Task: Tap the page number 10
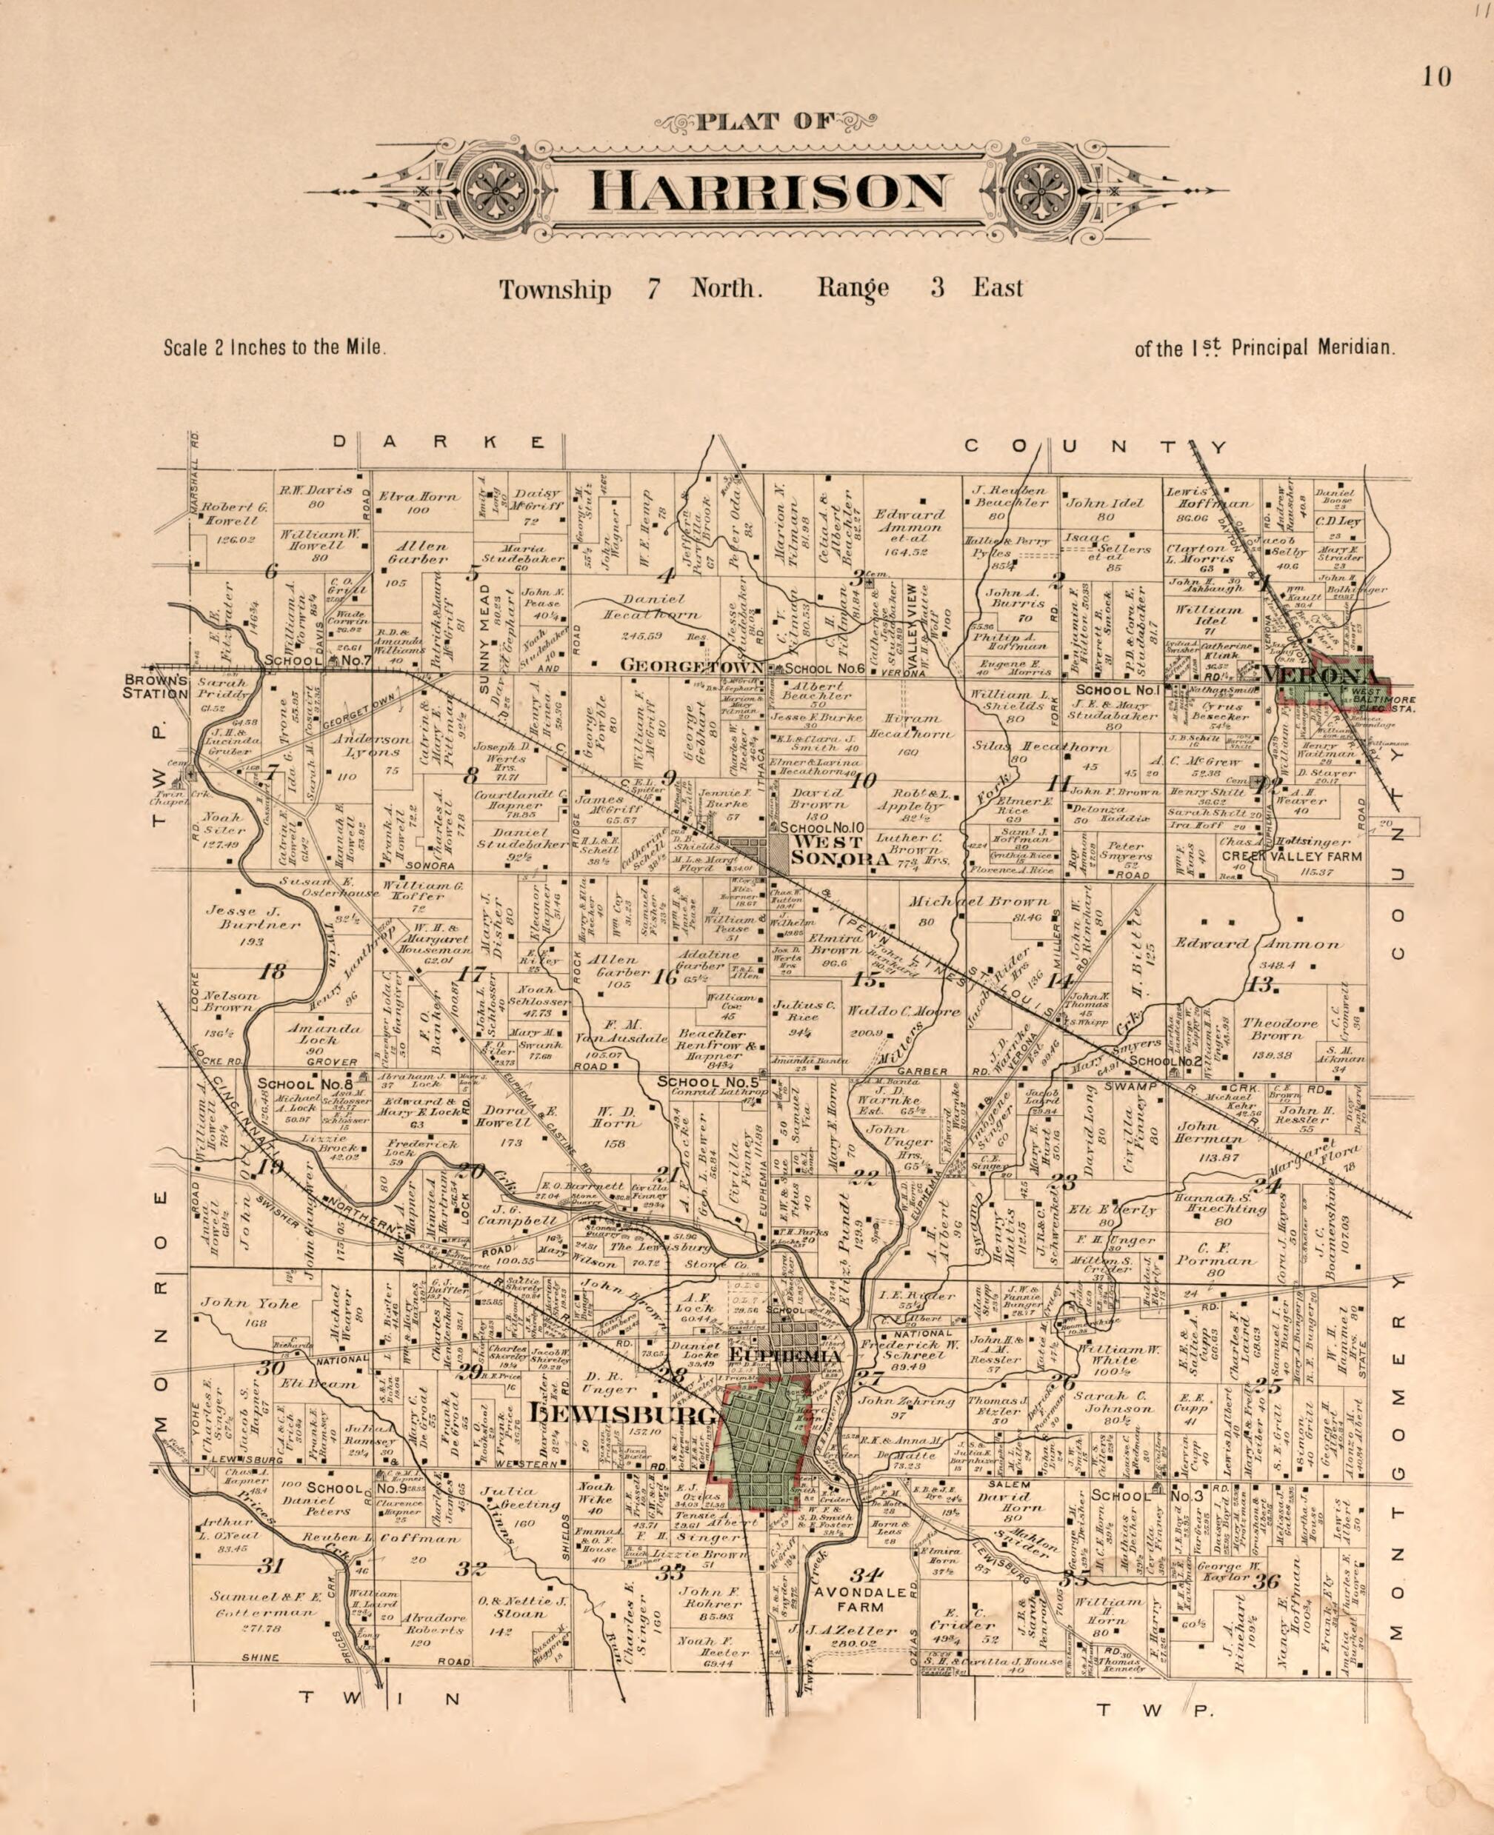[x=1436, y=78]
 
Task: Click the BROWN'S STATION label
[x=156, y=686]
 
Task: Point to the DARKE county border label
[x=439, y=442]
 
